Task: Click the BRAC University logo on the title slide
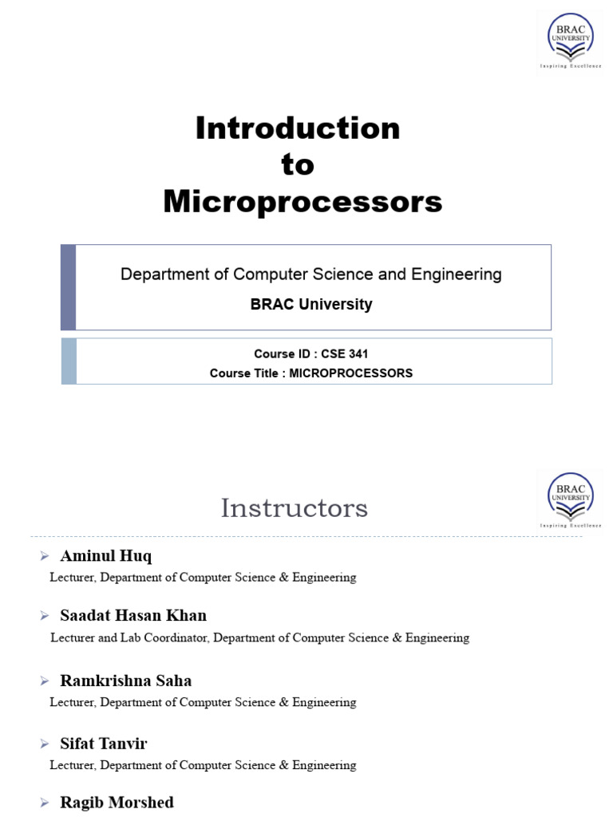tap(570, 40)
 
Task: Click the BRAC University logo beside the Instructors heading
tap(570, 499)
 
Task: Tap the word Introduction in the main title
tap(298, 128)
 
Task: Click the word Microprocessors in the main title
tap(303, 202)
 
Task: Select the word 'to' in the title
tap(298, 165)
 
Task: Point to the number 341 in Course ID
tap(358, 354)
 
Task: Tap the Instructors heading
tap(294, 508)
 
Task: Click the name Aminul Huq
tap(105, 556)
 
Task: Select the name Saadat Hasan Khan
tap(133, 615)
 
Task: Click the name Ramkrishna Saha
tap(125, 681)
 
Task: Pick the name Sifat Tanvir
tap(104, 744)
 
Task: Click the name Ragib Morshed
tap(117, 802)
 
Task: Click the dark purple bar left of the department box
tap(69, 287)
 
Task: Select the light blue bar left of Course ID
tap(69, 361)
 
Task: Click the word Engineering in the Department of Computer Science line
tap(456, 274)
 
